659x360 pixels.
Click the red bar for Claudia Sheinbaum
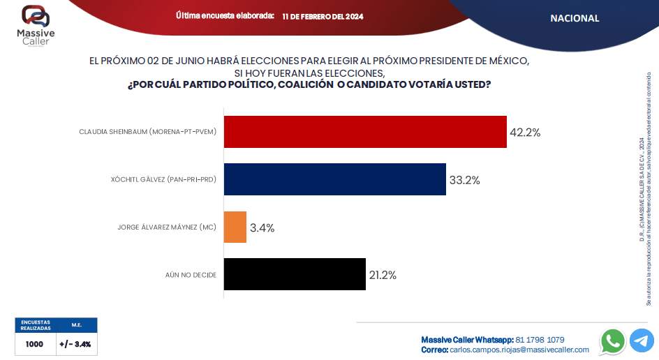click(x=365, y=132)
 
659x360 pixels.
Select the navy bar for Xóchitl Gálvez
click(x=334, y=179)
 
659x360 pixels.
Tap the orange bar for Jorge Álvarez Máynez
click(x=235, y=227)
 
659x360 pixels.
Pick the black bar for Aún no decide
click(x=295, y=275)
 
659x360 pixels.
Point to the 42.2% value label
click(x=525, y=132)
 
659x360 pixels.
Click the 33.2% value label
click(x=464, y=180)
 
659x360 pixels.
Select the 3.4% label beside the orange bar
click(x=262, y=227)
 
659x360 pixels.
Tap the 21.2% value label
click(x=383, y=275)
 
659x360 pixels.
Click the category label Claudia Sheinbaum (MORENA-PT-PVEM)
click(x=147, y=132)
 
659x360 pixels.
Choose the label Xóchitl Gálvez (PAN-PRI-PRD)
click(x=163, y=180)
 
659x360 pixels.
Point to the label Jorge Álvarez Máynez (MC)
click(x=166, y=227)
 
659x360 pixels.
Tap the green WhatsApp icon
click(x=613, y=340)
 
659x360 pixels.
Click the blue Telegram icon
click(x=642, y=340)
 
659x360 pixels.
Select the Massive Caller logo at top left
click(x=36, y=25)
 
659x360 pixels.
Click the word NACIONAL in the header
click(x=575, y=18)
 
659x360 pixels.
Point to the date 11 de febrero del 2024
click(x=323, y=16)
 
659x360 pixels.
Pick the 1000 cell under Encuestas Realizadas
click(x=34, y=344)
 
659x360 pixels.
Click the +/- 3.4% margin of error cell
click(x=75, y=344)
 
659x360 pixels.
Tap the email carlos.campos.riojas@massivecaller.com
click(x=519, y=350)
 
